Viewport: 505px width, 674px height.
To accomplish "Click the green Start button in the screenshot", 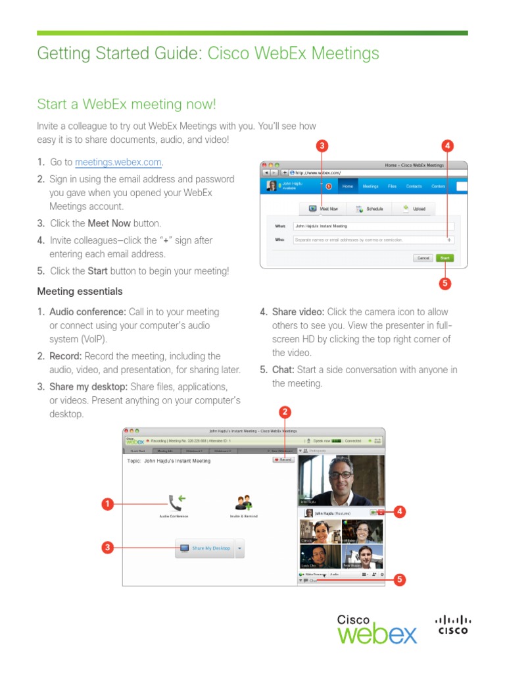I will tap(445, 258).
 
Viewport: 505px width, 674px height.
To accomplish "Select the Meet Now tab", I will tap(323, 209).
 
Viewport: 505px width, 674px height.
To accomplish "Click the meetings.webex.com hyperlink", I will tap(118, 162).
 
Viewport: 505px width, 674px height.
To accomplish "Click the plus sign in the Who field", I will tap(449, 240).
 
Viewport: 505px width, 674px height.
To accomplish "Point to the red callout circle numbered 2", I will tap(285, 413).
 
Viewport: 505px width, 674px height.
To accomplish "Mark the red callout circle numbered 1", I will tap(107, 504).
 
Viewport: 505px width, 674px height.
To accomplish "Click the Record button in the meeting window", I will tap(283, 459).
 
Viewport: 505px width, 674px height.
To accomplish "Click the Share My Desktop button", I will tap(205, 548).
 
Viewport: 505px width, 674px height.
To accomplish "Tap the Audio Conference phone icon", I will tap(174, 503).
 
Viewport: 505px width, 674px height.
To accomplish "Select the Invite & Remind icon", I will tap(244, 503).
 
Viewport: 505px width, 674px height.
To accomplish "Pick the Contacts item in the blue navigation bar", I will tap(414, 186).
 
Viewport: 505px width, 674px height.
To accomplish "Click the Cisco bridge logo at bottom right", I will tap(453, 624).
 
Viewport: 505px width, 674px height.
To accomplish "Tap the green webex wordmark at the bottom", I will tap(377, 635).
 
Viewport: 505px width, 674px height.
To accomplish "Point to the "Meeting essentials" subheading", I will tap(80, 291).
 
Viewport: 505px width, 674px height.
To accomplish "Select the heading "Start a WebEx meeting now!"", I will tap(126, 104).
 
